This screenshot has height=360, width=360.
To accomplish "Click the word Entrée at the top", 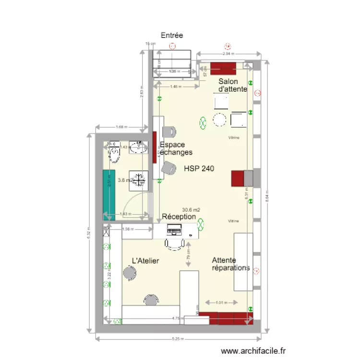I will (172, 36).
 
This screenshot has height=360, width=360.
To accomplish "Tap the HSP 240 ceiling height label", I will (199, 168).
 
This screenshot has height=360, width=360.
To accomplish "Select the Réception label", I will (179, 217).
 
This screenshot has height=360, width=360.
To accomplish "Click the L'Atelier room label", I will (145, 261).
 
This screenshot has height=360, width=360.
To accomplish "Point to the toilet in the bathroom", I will (114, 154).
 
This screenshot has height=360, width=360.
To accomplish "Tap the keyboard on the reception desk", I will (175, 231).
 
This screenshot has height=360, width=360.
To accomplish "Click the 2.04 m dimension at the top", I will (228, 54).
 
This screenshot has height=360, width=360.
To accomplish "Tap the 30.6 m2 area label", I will (192, 210).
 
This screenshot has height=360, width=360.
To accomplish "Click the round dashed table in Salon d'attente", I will (220, 119).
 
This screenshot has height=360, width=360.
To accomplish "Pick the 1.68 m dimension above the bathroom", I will (121, 127).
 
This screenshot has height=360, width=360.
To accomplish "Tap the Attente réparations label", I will (231, 264).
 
